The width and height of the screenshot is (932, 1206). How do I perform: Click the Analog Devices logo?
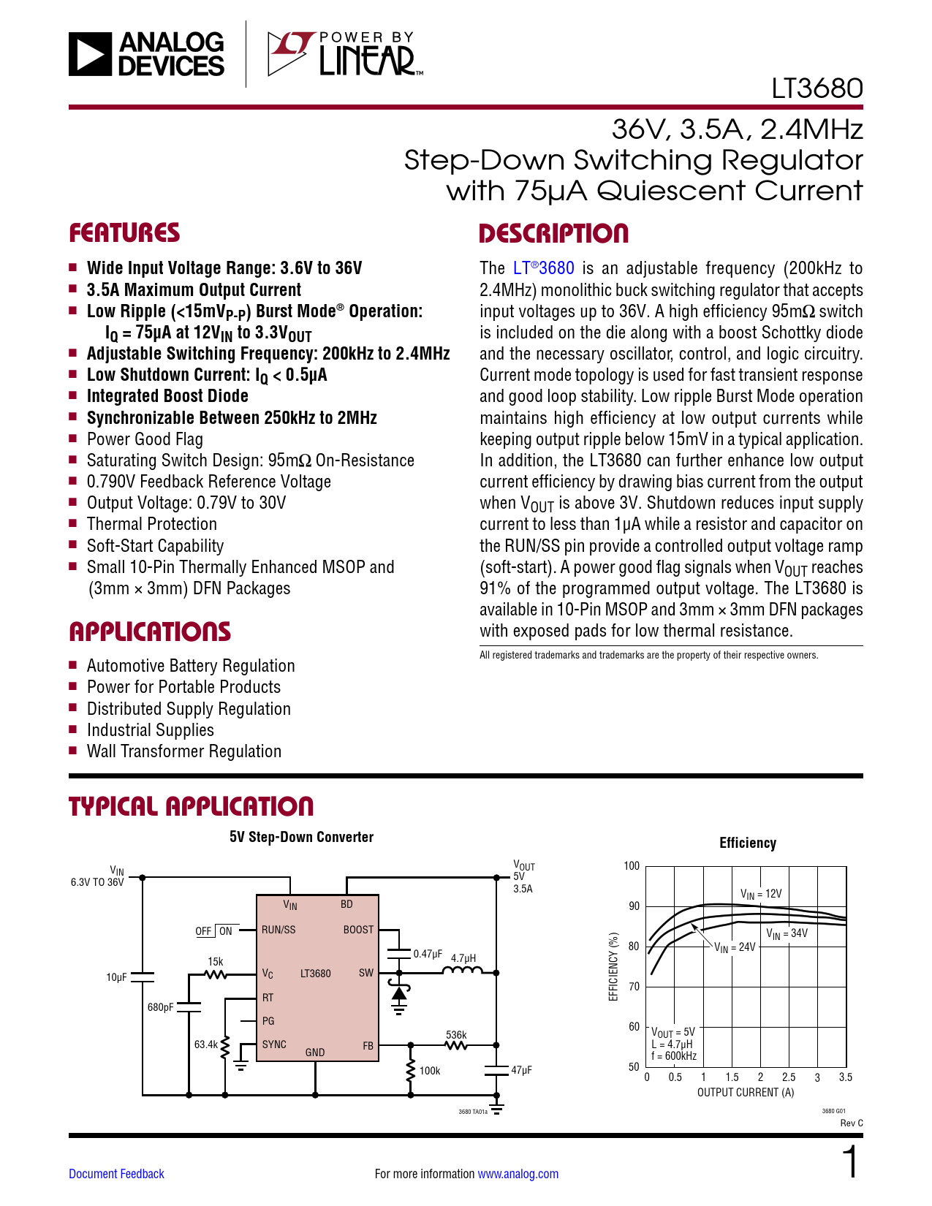point(146,54)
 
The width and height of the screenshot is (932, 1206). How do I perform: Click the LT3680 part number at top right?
point(817,88)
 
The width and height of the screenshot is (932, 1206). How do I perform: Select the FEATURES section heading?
point(124,233)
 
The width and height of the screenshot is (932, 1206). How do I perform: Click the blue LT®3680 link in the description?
point(543,268)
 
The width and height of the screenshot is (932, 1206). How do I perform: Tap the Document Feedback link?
point(116,1174)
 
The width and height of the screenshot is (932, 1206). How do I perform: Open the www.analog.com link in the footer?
point(518,1174)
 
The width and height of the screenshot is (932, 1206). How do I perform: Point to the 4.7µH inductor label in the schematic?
point(463,958)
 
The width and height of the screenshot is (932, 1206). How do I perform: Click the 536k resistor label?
point(456,1035)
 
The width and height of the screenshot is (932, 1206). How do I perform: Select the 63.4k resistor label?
point(205,1044)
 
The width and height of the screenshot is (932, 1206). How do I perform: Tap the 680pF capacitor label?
point(161,1007)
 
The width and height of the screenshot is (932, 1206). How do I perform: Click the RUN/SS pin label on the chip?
point(279,930)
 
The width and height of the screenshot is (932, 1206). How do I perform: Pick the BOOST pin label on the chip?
point(358,930)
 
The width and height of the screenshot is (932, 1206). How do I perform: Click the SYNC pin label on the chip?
point(274,1044)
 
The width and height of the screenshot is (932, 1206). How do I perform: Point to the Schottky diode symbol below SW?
point(399,993)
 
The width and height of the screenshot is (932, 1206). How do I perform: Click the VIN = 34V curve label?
point(787,933)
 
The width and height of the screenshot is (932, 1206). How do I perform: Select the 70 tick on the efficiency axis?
point(634,987)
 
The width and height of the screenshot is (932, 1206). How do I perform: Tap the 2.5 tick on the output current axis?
point(789,1077)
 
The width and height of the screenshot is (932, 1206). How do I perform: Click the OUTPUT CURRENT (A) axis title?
point(745,1093)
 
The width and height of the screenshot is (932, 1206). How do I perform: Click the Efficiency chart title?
point(747,843)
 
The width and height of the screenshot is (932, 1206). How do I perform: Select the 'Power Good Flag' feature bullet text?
point(145,439)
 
